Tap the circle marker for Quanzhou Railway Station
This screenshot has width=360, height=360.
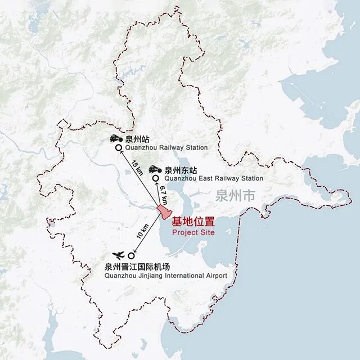119,148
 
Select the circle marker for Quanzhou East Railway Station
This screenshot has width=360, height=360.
156,178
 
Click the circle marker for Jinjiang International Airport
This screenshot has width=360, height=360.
131,255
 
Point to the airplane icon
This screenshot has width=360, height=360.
119,255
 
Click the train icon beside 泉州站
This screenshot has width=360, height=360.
115,138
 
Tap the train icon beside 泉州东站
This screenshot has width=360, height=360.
154,169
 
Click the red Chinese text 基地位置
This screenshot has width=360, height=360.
193,222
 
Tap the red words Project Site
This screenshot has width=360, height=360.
193,232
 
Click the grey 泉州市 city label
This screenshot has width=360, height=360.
235,196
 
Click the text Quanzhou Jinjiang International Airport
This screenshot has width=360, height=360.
166,276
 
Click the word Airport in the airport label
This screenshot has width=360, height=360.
215,276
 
